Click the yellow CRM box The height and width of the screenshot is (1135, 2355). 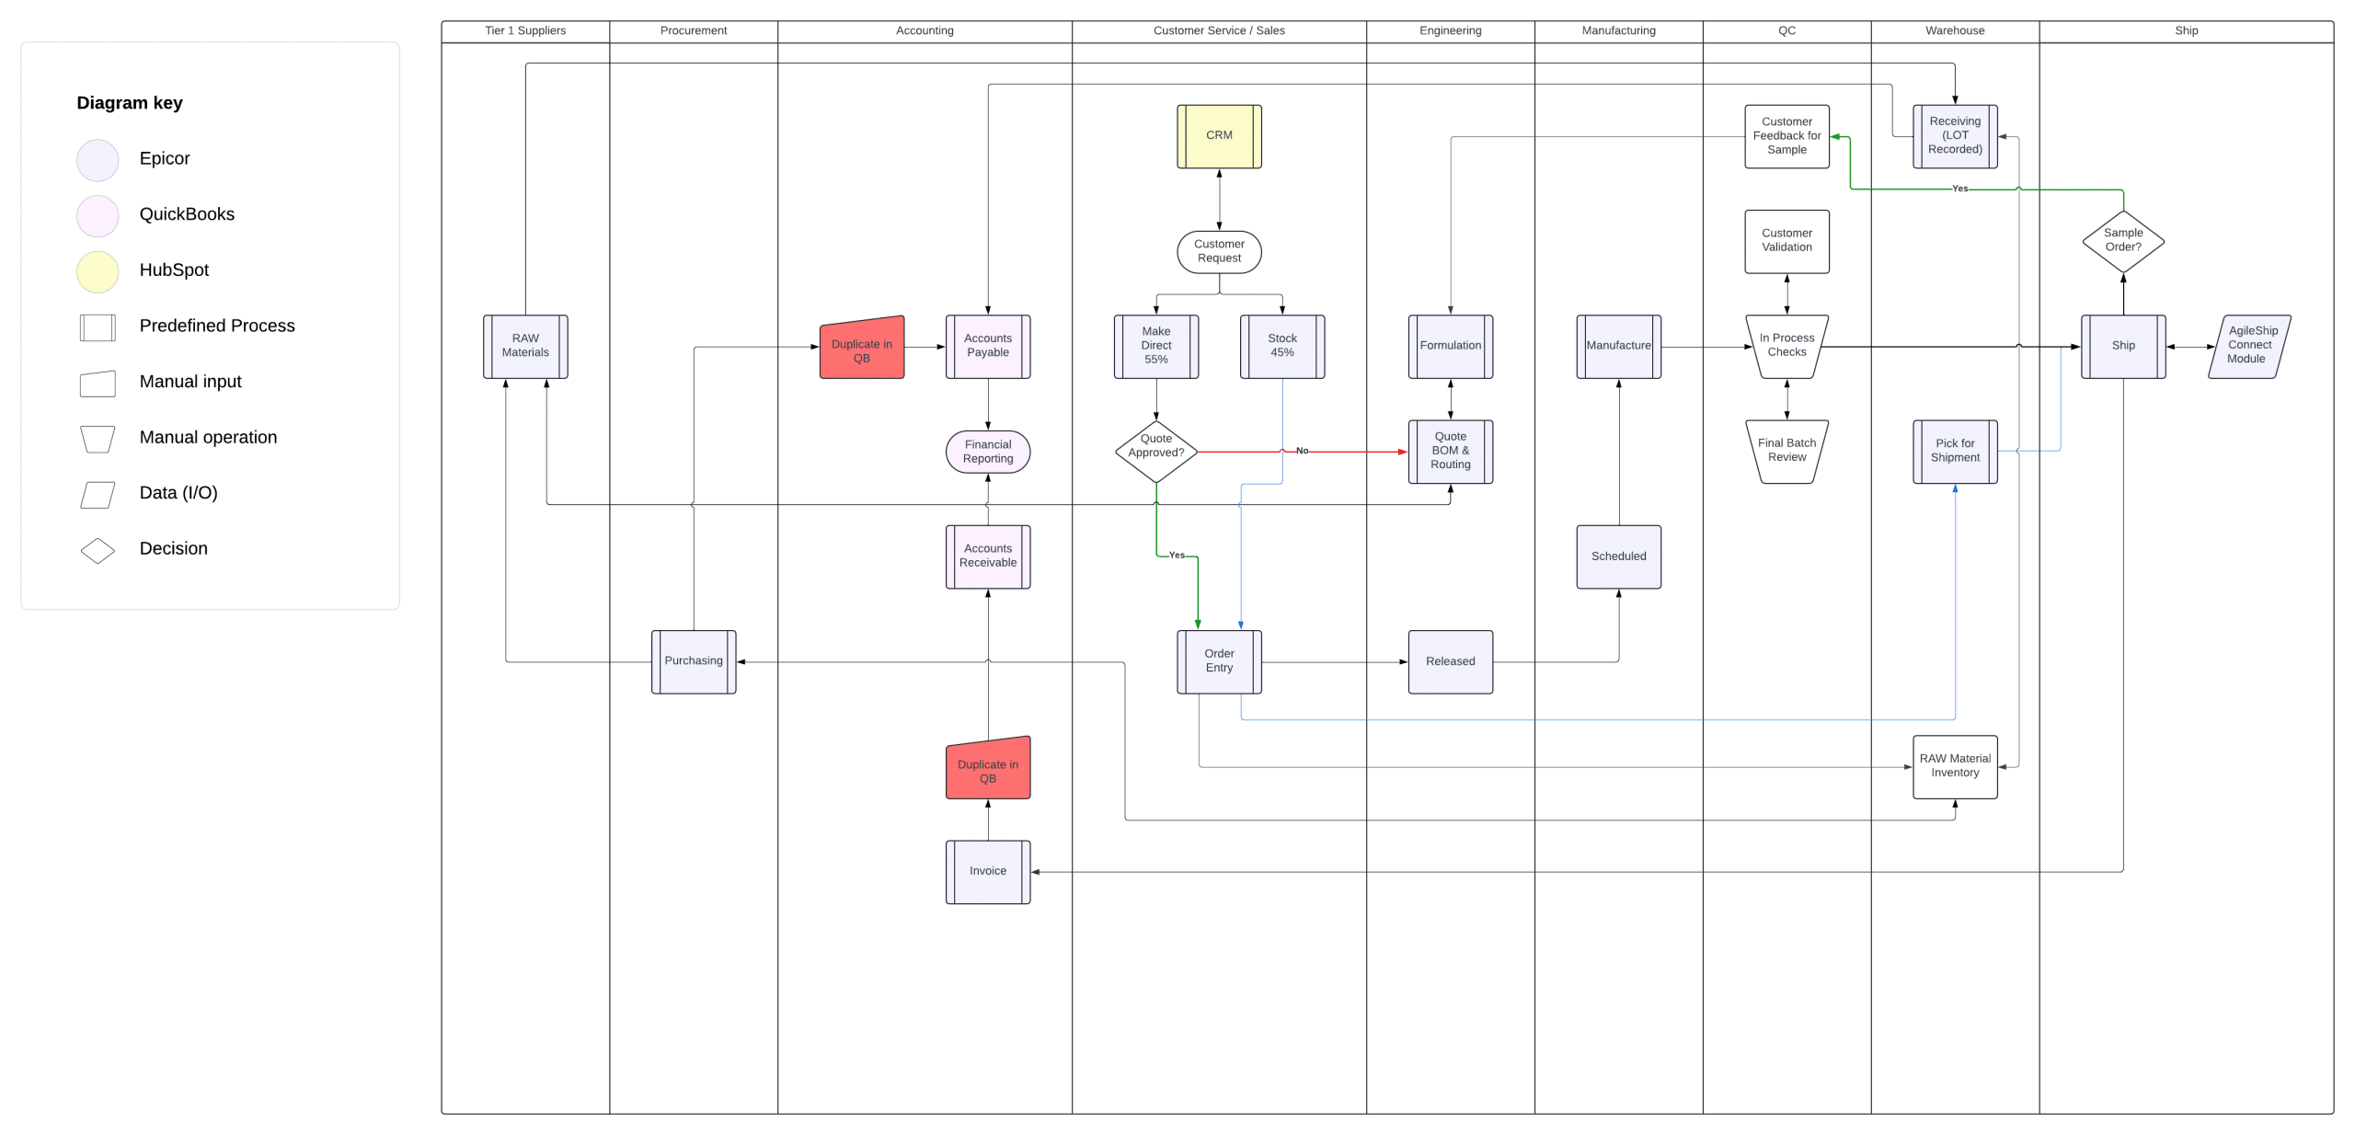(x=1219, y=136)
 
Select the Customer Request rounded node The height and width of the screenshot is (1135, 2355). (x=1219, y=251)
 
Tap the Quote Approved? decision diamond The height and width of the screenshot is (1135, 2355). (x=1155, y=451)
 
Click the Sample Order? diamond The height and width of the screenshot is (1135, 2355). (x=2122, y=241)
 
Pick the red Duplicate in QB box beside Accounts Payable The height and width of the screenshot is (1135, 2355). (x=861, y=348)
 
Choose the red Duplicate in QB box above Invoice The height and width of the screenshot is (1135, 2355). (x=987, y=768)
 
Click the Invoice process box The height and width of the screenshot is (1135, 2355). (x=987, y=871)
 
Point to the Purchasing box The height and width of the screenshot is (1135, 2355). (x=693, y=661)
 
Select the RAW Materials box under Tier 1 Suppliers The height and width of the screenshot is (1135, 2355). (x=525, y=346)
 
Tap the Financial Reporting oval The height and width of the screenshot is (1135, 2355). (x=987, y=452)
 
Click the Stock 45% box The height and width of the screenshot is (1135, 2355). (x=1281, y=346)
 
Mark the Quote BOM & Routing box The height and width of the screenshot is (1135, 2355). (x=1450, y=451)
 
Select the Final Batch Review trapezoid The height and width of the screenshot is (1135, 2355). (x=1786, y=451)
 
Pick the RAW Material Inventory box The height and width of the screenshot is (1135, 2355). (x=1954, y=766)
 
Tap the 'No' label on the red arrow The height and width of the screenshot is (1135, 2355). (x=1301, y=451)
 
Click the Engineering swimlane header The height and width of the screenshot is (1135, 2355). (x=1450, y=30)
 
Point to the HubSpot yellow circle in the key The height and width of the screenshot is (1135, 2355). (x=98, y=271)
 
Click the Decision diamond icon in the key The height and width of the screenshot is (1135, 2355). (x=98, y=550)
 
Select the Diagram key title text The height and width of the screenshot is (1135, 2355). (x=130, y=103)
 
